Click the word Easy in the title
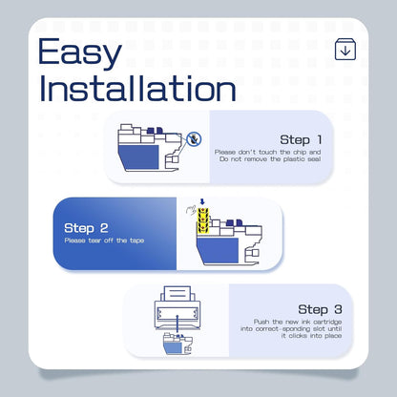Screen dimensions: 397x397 (x=80, y=52)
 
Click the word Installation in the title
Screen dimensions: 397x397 (x=137, y=88)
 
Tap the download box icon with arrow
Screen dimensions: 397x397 (x=345, y=50)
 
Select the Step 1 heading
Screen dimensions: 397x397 (x=301, y=139)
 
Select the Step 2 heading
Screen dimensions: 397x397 (x=86, y=228)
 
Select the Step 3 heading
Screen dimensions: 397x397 (x=320, y=309)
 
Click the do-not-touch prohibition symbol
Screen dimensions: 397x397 (x=194, y=139)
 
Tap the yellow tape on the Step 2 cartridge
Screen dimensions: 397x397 (x=203, y=220)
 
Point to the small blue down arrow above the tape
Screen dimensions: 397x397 (x=202, y=202)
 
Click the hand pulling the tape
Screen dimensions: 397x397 (x=192, y=210)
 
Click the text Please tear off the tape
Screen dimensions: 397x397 (x=104, y=240)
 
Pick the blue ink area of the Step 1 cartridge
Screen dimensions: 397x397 (x=138, y=157)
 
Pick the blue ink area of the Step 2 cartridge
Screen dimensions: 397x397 (x=218, y=251)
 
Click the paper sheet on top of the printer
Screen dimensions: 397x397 (x=178, y=294)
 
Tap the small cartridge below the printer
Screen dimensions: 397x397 (x=178, y=344)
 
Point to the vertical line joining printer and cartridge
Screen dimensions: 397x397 (x=178, y=324)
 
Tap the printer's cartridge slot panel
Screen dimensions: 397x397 (x=178, y=314)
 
